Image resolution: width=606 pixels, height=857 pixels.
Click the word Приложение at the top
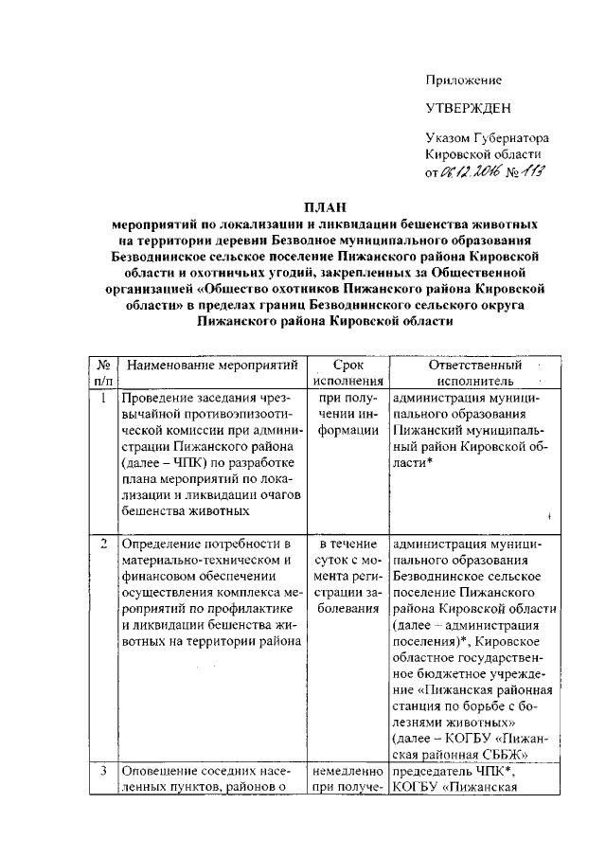tap(463, 80)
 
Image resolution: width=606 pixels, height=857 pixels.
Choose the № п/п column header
tap(102, 372)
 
